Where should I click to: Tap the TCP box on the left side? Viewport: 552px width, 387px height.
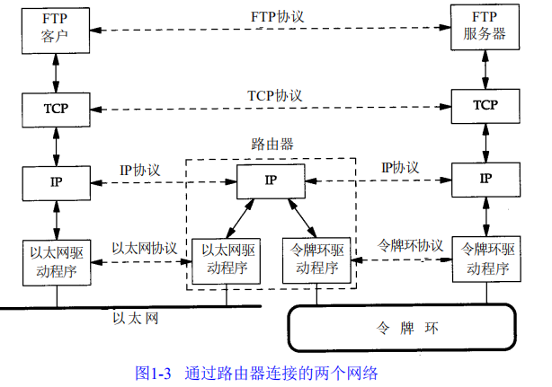(x=55, y=108)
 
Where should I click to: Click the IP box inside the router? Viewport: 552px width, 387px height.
(x=270, y=181)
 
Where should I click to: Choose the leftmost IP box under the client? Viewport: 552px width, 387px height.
(x=55, y=181)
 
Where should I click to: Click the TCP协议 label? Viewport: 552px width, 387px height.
(x=274, y=94)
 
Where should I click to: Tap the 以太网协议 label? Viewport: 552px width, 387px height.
(x=144, y=247)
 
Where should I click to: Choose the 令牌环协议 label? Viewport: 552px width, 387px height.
(x=409, y=244)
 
